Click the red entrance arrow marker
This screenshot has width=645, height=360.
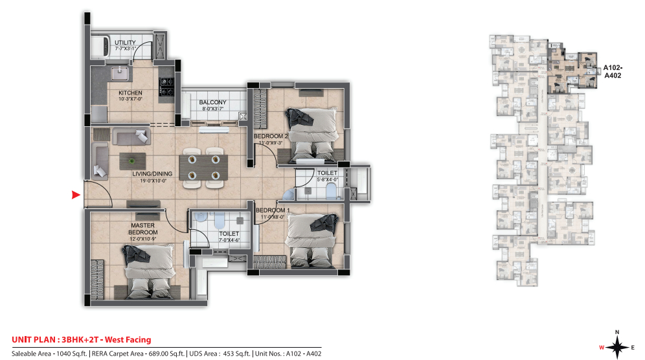pos(76,194)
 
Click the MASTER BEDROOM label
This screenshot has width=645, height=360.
pos(143,229)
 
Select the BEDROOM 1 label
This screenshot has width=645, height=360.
pos(271,211)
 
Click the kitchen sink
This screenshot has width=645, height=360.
pos(121,71)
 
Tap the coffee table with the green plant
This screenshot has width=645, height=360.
pos(132,160)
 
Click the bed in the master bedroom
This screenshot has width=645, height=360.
pos(150,269)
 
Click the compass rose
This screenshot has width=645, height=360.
pos(617,346)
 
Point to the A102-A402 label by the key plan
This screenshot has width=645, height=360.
pos(612,71)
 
